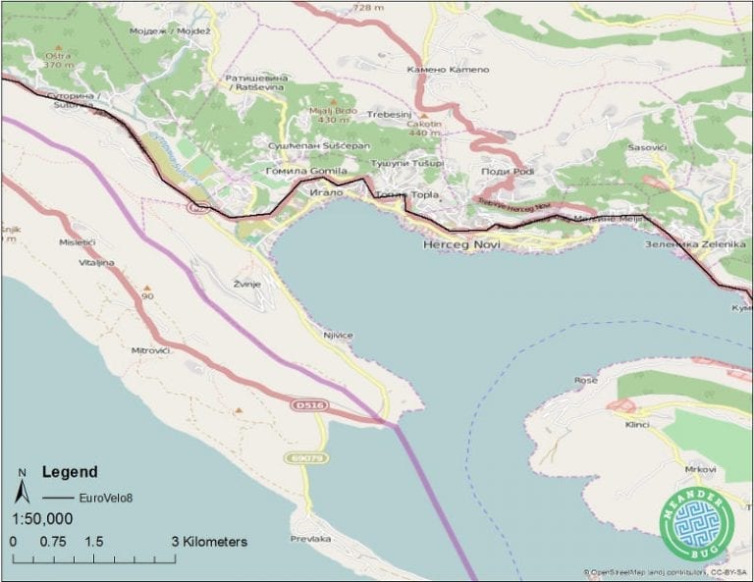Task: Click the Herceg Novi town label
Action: (x=461, y=242)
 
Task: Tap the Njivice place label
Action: (x=337, y=335)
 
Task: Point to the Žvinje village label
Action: (x=246, y=283)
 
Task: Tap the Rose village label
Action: (x=586, y=380)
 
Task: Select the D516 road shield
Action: (x=308, y=404)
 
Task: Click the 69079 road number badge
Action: (x=307, y=457)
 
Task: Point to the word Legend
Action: (x=69, y=471)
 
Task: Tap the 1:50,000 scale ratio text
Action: (x=42, y=519)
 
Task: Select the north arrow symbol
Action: (x=23, y=487)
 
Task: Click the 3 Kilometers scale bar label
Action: (x=209, y=542)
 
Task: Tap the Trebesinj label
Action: (x=388, y=115)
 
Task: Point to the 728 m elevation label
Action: (x=367, y=7)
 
